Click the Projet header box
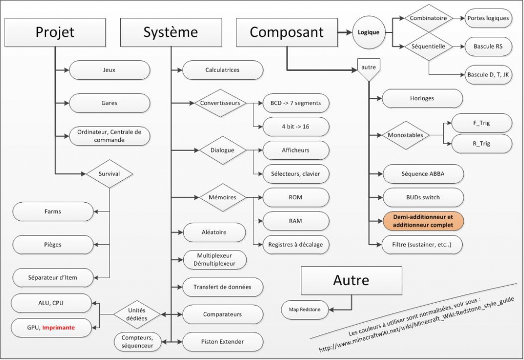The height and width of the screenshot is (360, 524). click(x=55, y=32)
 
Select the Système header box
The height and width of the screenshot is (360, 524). click(x=170, y=32)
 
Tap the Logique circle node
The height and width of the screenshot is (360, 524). click(x=368, y=32)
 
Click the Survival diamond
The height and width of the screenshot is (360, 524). click(x=110, y=174)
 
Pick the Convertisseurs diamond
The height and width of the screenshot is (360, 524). click(x=220, y=103)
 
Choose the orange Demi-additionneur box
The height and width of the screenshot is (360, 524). click(x=423, y=221)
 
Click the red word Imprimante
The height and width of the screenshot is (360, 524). click(x=59, y=327)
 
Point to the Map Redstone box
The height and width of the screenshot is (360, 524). click(x=304, y=309)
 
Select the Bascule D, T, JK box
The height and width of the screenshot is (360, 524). click(x=488, y=75)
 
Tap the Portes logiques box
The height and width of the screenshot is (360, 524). click(x=488, y=18)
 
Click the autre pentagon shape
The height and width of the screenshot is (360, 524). click(x=368, y=69)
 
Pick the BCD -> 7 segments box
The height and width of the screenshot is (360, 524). click(x=295, y=103)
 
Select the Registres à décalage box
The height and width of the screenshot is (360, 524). click(x=295, y=244)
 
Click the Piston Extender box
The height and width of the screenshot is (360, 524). click(x=223, y=341)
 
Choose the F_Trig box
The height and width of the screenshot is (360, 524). click(x=482, y=123)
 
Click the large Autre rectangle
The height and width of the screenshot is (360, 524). click(x=351, y=280)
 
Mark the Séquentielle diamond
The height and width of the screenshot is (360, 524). click(x=428, y=46)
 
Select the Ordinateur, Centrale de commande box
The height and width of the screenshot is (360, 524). click(x=110, y=136)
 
